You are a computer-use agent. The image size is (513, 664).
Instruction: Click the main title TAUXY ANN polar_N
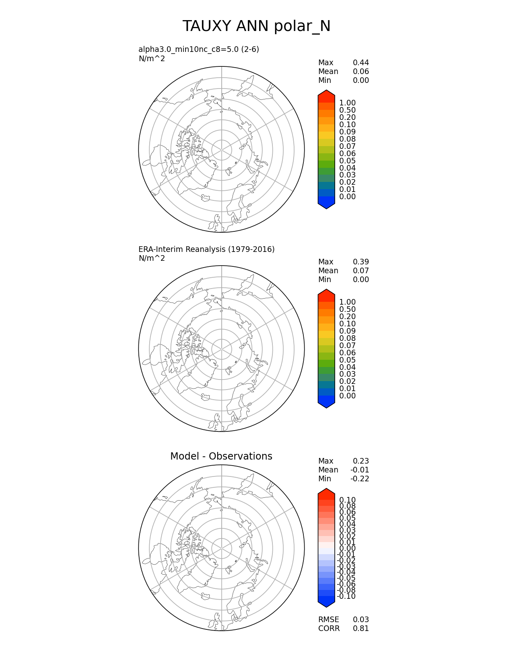(256, 26)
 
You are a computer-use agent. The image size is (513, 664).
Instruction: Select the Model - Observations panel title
(221, 456)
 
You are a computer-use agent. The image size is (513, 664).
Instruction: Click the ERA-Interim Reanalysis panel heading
(206, 249)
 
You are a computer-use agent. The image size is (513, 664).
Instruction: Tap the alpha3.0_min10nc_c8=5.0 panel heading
(199, 49)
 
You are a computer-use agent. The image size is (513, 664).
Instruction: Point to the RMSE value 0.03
(361, 619)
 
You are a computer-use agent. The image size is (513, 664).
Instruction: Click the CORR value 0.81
(361, 628)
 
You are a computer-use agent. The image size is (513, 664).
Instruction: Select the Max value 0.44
(361, 62)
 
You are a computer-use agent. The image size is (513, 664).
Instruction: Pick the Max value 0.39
(361, 262)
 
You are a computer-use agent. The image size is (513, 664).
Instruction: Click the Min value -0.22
(359, 478)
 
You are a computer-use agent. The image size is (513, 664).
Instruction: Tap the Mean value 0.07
(361, 270)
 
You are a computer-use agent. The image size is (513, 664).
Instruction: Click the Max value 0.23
(361, 461)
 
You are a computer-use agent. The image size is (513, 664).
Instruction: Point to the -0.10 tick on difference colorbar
(346, 596)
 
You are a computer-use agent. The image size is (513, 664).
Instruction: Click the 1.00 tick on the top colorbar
(347, 103)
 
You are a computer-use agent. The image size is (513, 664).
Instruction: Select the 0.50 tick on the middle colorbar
(347, 309)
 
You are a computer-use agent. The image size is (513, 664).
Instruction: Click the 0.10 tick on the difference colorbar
(347, 500)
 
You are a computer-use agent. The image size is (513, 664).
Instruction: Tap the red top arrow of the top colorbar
(326, 95)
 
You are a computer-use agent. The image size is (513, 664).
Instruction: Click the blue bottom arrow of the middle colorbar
(326, 403)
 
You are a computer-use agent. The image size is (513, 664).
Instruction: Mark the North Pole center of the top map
(222, 149)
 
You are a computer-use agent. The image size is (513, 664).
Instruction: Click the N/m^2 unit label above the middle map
(152, 258)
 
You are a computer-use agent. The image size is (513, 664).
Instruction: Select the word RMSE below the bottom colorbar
(328, 619)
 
